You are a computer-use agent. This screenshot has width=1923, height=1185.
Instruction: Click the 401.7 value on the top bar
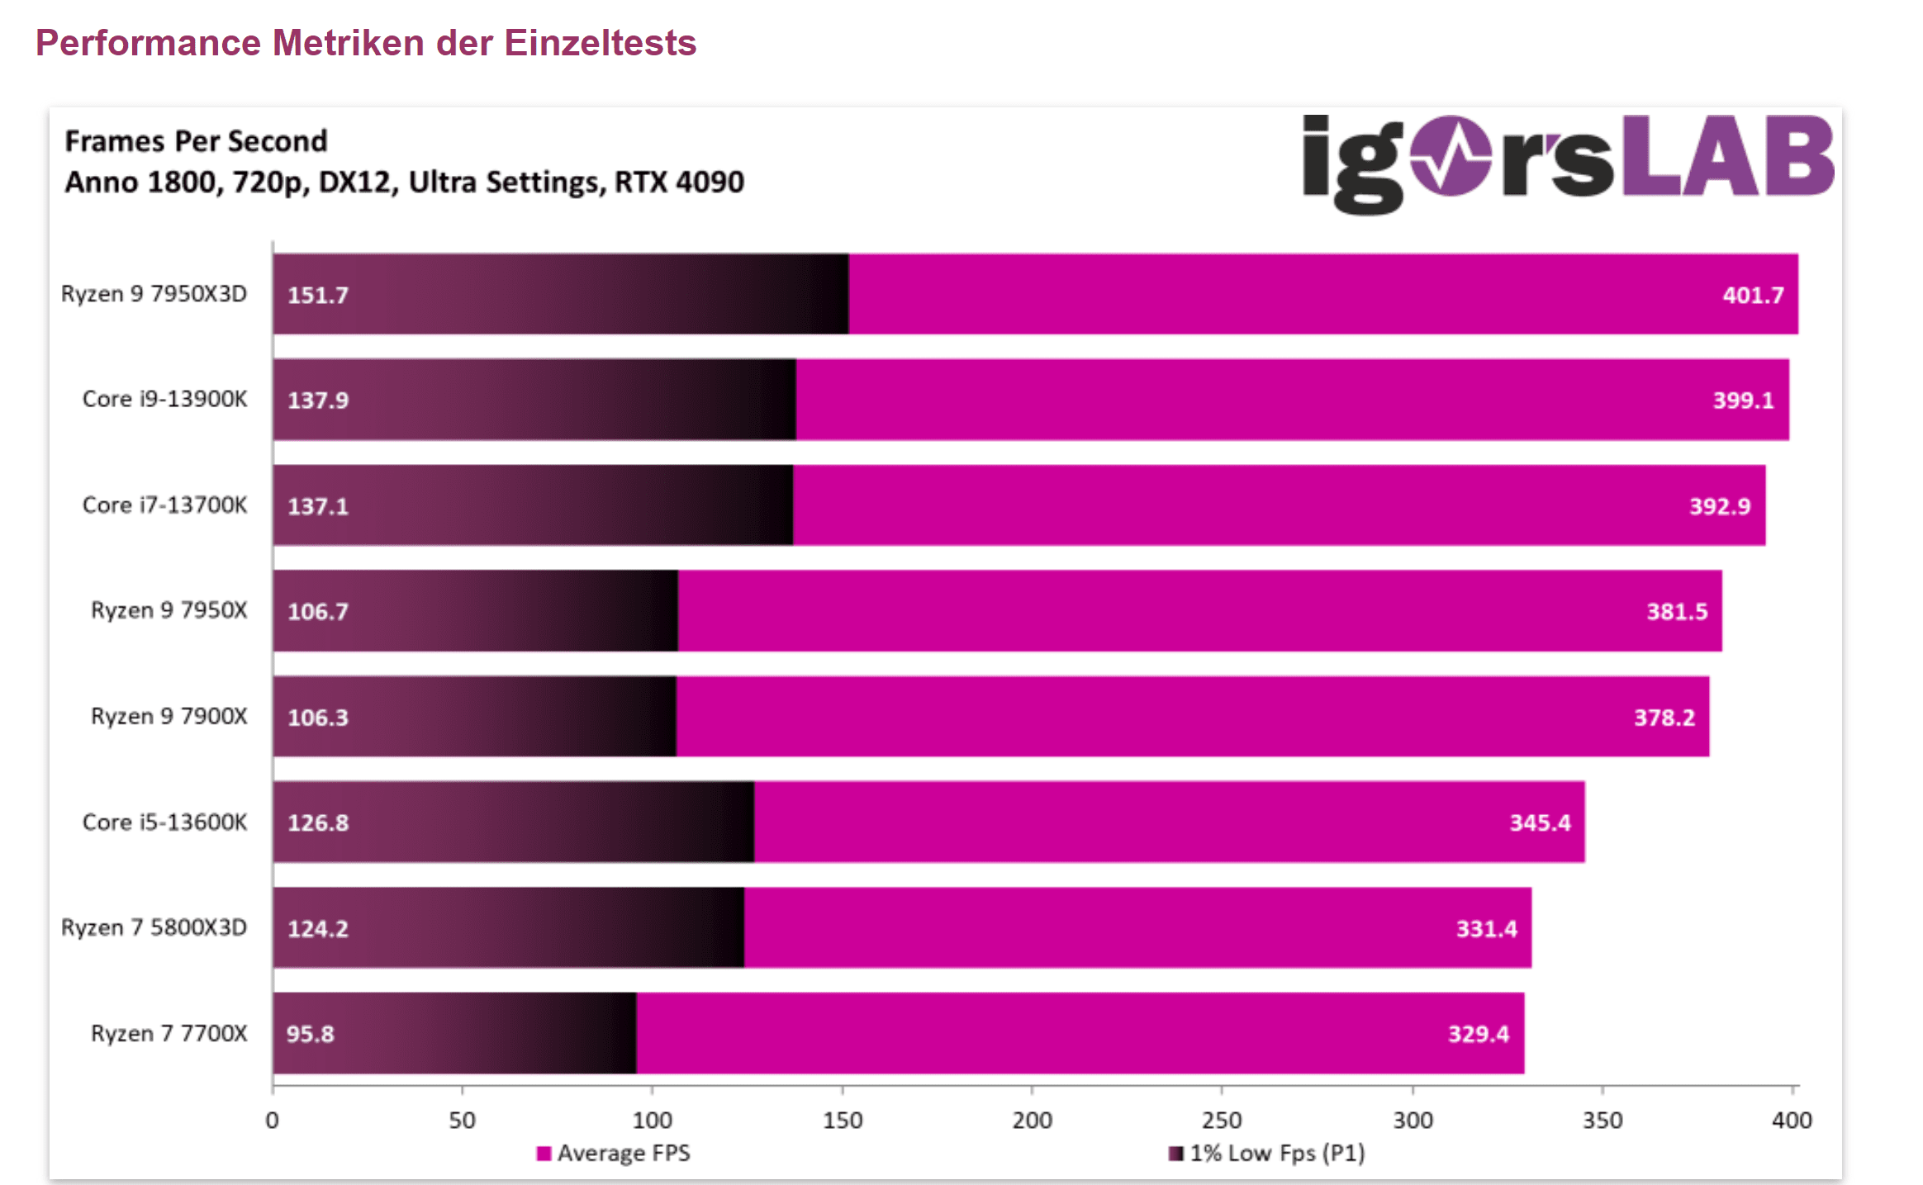1752,295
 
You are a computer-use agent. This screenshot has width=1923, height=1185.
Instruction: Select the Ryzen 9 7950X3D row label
154,294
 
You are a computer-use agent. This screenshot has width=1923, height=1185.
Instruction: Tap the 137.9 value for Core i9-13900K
318,401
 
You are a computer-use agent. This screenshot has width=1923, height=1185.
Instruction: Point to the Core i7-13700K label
164,505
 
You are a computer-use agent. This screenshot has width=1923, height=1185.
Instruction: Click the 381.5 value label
1676,612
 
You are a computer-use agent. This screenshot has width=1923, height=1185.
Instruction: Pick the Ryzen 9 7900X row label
169,716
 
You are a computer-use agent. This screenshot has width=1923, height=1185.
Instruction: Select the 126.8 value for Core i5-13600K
318,823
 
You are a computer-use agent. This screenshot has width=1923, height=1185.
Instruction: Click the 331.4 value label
1486,929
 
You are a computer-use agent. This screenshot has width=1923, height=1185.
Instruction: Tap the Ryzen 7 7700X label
169,1033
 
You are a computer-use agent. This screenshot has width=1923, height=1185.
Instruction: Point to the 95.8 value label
311,1034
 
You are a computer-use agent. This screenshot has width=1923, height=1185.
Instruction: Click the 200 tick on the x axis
1032,1121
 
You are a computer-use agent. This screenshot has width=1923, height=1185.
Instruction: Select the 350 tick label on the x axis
1602,1121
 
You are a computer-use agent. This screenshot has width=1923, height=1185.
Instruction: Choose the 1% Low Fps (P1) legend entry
1268,1153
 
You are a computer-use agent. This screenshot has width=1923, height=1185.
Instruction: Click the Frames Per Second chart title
196,141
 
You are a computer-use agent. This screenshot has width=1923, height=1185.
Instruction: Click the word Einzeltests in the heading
600,43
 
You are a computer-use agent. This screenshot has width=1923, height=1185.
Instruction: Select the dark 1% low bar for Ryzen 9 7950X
475,611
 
